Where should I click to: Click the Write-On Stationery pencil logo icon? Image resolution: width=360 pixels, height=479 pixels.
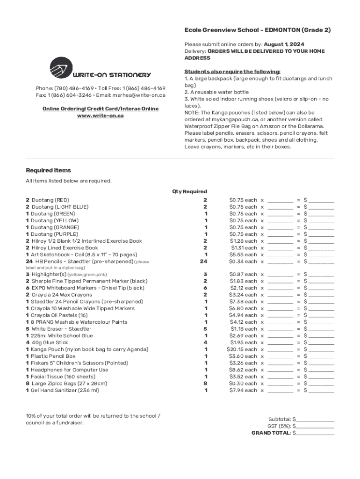coord(61,68)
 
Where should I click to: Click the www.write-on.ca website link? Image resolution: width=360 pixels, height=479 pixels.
coord(101,116)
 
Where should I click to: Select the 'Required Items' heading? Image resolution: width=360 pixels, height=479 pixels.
coord(48,170)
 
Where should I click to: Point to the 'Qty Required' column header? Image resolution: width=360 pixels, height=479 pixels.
coord(189,191)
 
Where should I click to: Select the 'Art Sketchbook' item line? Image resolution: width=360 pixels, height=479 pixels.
coord(81,254)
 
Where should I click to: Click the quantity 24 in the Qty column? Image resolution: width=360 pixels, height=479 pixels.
coord(203,261)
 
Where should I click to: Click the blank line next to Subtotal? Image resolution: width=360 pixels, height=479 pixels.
coord(315,420)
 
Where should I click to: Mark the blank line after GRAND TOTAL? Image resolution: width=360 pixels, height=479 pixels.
coord(315,433)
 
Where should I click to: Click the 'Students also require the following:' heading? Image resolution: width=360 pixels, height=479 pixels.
coord(232,72)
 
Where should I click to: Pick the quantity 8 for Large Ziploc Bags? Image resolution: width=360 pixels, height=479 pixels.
coord(205,384)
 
